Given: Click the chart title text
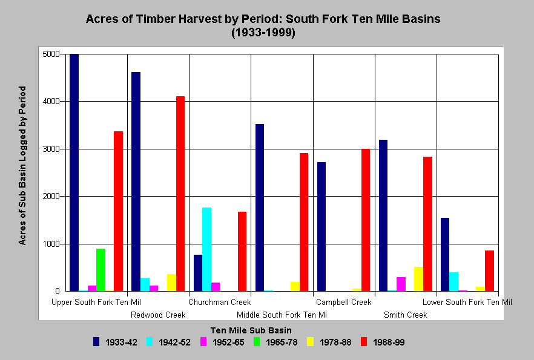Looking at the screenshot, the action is click(x=263, y=25).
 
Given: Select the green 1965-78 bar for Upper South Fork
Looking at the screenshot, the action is click(x=101, y=270).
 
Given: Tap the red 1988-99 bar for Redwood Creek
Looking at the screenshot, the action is click(x=180, y=194).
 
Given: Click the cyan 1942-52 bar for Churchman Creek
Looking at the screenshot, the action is click(x=206, y=249).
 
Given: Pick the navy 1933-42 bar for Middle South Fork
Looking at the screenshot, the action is click(x=260, y=208).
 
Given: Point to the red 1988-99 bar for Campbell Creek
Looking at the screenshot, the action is click(x=366, y=220).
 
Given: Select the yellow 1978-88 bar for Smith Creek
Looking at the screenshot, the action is click(x=418, y=279).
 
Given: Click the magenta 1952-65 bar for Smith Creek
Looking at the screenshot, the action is click(x=401, y=284).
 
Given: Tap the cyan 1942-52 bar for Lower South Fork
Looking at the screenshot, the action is click(x=453, y=282).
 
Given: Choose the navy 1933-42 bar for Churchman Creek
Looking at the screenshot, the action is click(x=198, y=273).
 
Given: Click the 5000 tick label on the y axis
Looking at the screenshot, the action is click(x=51, y=54).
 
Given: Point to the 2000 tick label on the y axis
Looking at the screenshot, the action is click(x=51, y=196).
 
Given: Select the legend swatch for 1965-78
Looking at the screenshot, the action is click(x=257, y=342).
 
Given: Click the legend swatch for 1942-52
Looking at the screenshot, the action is click(x=150, y=342).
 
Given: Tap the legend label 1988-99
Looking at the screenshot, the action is click(x=389, y=342).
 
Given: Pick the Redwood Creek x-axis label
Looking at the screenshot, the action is click(x=158, y=315).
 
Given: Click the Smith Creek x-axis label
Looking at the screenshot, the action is click(x=405, y=315).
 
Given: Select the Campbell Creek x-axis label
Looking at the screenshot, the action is click(x=344, y=302).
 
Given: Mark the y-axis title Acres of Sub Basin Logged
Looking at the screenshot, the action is click(x=22, y=165).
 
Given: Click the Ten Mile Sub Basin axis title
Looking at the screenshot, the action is click(x=251, y=330).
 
